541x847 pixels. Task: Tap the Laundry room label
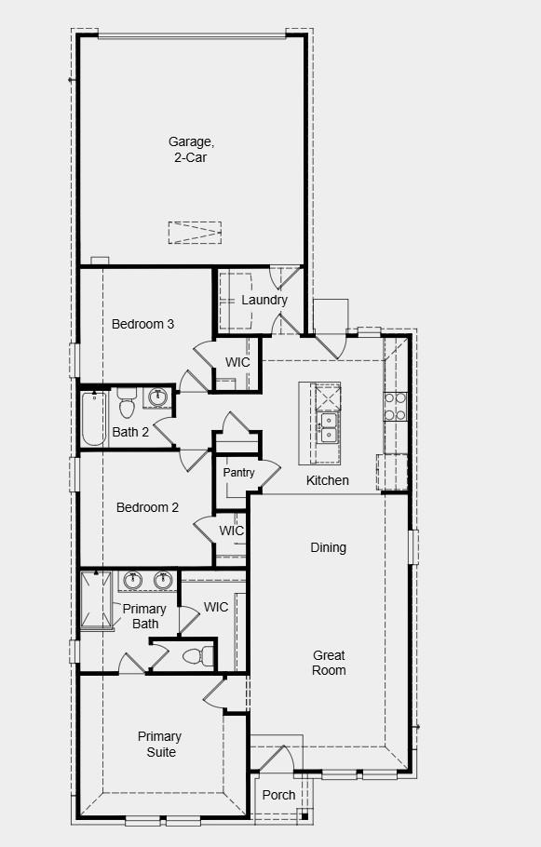264,300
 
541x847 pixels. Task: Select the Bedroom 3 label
142,324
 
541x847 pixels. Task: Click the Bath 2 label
130,432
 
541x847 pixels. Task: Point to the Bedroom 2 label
147,507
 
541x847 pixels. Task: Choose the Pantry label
238,473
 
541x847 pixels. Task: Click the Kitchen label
328,480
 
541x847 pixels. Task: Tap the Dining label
328,547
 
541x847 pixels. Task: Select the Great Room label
329,663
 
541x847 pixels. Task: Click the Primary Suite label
159,745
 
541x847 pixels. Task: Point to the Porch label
278,795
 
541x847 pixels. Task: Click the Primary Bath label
145,616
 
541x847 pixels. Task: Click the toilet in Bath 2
128,406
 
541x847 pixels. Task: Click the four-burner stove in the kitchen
396,407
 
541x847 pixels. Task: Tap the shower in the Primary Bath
96,600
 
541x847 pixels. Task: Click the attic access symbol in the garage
195,233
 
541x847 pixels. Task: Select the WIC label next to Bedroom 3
238,362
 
